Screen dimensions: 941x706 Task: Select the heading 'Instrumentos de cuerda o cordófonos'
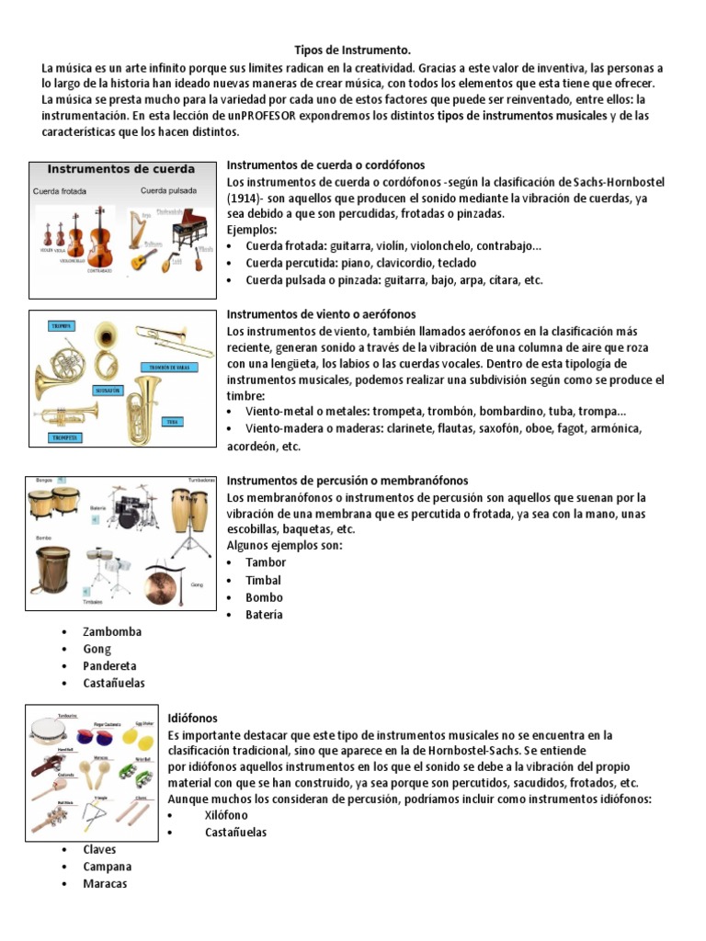pyautogui.click(x=325, y=164)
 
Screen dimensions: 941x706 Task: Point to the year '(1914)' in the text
pyautogui.click(x=248, y=198)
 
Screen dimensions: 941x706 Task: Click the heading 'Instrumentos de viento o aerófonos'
pyautogui.click(x=321, y=314)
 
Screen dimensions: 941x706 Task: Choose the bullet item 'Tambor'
pyautogui.click(x=265, y=562)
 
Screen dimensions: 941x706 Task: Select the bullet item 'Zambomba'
pyautogui.click(x=112, y=631)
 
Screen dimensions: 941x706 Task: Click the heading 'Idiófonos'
pyautogui.click(x=192, y=717)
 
